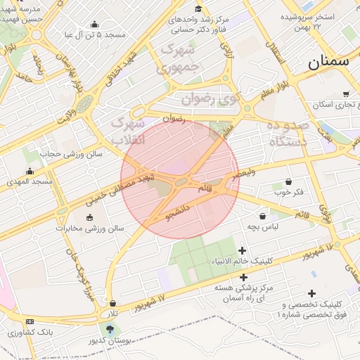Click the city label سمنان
pyautogui.click(x=328, y=61)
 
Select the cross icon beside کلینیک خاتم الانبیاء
pyautogui.click(x=243, y=251)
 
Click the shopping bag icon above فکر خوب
pyautogui.click(x=288, y=182)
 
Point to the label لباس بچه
pyautogui.click(x=263, y=227)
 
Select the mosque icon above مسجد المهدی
pyautogui.click(x=30, y=171)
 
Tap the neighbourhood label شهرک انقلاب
pyautogui.click(x=128, y=131)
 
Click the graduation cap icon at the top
pyautogui.click(x=198, y=8)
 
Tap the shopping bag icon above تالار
pyautogui.click(x=112, y=303)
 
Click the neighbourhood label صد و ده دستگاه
pyautogui.click(x=288, y=133)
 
